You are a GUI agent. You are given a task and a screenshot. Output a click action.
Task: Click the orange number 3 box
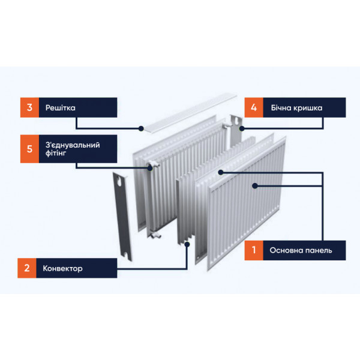29,107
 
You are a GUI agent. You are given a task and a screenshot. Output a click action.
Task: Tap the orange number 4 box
254,107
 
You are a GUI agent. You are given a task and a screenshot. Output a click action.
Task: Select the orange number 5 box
29,149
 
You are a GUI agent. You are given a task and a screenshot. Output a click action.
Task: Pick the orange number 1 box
254,250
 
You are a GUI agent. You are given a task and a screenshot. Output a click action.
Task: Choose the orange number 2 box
27,268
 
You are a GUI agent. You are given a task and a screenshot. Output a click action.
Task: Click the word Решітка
61,107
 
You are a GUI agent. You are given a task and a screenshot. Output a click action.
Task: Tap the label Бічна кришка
296,107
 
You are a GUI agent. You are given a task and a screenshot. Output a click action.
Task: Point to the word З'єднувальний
73,145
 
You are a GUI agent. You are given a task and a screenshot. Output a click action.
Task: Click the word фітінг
56,153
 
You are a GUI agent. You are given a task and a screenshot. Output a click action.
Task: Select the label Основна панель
301,250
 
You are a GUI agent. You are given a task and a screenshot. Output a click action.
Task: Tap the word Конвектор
62,268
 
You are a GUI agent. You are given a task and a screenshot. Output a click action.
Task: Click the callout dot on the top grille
141,128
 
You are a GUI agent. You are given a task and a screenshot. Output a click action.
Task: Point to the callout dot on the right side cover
242,128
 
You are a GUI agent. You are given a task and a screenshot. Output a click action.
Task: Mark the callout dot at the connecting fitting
150,168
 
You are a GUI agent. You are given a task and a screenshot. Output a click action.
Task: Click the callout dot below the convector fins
187,244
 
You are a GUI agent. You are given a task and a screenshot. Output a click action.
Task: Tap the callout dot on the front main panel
255,186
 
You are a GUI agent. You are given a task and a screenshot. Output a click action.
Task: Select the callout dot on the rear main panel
221,172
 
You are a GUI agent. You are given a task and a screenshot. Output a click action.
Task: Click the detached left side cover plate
122,217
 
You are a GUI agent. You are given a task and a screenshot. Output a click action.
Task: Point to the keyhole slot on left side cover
119,181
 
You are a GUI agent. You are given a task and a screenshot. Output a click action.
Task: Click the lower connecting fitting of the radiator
155,235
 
